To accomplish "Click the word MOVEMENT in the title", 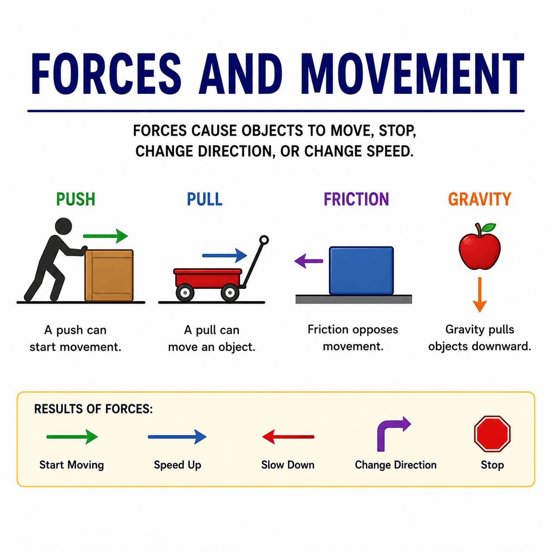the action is click(x=412, y=74).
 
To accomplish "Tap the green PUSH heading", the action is click(x=76, y=199).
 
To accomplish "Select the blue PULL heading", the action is click(x=205, y=199).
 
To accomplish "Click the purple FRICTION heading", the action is click(x=356, y=199).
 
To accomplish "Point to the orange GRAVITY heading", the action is click(x=479, y=199).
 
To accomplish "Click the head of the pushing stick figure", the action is click(x=63, y=226).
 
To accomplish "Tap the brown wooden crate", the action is click(x=109, y=275).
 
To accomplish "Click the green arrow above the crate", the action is click(x=105, y=236).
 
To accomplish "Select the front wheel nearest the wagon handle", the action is click(x=230, y=292).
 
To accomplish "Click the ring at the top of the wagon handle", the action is click(x=264, y=240).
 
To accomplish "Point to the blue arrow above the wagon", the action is click(x=224, y=255).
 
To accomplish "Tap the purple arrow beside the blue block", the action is click(x=309, y=261).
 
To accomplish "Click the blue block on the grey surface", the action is click(x=361, y=271).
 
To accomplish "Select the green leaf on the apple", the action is click(x=489, y=228).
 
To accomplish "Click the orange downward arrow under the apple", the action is click(x=479, y=294).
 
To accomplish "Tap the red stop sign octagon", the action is click(x=492, y=434).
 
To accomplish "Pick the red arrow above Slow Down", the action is click(x=288, y=437).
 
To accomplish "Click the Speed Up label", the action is click(x=177, y=465).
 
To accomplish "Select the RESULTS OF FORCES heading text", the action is click(x=93, y=409).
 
